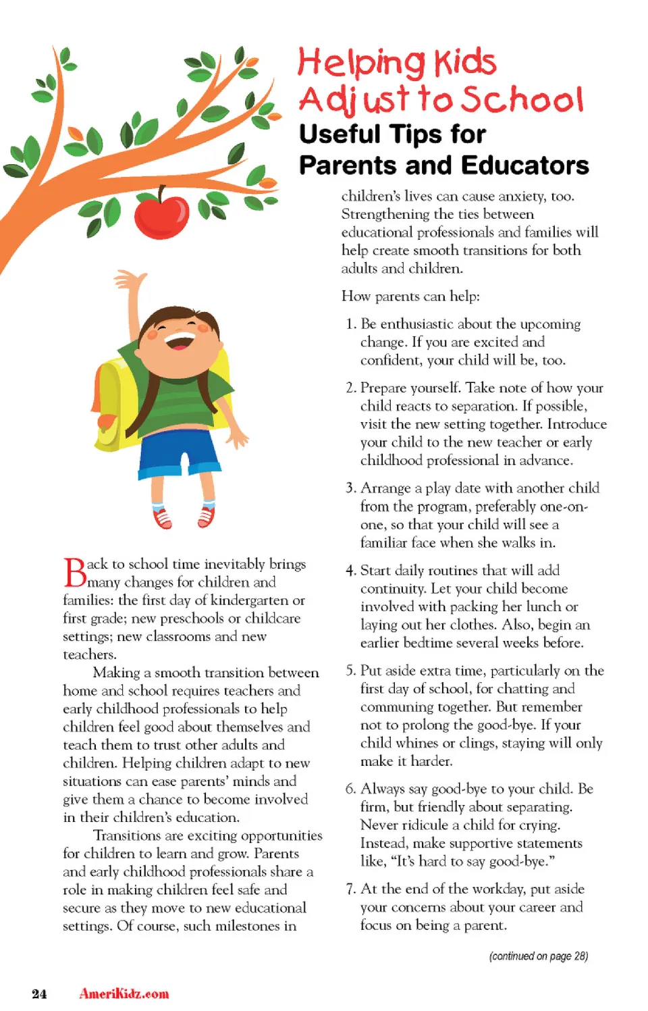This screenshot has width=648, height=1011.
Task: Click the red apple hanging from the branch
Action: [x=162, y=215]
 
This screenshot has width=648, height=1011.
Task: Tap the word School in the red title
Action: [x=522, y=99]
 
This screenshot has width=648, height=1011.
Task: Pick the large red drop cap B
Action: [x=74, y=573]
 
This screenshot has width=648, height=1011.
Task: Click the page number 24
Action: [x=39, y=993]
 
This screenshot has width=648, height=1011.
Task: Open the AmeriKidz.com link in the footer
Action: [x=124, y=993]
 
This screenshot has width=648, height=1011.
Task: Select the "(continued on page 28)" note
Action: [x=538, y=956]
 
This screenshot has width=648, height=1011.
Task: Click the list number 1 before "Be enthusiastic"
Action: [x=350, y=324]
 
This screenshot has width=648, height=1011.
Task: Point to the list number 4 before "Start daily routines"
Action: [x=350, y=571]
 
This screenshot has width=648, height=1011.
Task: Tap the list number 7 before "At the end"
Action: [x=350, y=889]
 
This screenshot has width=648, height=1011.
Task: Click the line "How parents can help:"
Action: [x=410, y=296]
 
